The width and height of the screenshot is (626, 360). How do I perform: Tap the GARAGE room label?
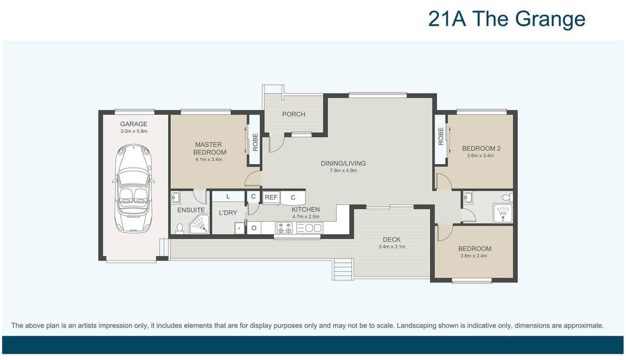pos(134,124)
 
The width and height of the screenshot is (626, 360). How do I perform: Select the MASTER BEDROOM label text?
pos(210,148)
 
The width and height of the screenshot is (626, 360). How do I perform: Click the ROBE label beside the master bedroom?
pos(255,142)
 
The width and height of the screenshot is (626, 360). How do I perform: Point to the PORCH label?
pos(294,114)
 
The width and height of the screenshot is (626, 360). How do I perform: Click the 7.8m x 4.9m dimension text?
pos(343,170)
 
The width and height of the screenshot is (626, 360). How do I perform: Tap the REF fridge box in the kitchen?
pos(271,198)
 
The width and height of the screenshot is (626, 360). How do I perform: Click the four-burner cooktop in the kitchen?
pos(284,228)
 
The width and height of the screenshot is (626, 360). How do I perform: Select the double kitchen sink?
pos(309,228)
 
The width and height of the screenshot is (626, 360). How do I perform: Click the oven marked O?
pos(254,229)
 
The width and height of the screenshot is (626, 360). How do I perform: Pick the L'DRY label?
pos(228,213)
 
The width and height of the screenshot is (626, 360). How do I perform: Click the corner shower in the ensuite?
pos(199,224)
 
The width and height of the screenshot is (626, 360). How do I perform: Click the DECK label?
pos(392,239)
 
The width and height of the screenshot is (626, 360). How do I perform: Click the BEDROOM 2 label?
pos(481,148)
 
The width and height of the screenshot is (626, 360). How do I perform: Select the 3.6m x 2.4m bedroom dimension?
pos(473,256)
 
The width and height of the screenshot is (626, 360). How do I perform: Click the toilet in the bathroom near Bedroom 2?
pos(507,197)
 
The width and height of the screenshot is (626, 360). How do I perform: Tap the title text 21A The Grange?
pos(506,19)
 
